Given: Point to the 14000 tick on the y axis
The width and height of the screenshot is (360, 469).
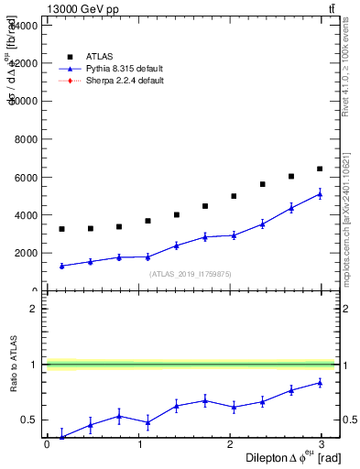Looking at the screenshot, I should (x=22, y=26).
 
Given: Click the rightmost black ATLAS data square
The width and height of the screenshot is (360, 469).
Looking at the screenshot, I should (x=320, y=169).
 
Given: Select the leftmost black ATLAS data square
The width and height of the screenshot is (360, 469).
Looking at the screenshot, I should (x=61, y=229).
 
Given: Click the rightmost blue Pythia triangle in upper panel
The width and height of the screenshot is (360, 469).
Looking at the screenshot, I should (x=320, y=194).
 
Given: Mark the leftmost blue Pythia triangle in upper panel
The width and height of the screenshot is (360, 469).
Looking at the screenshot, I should (x=61, y=266).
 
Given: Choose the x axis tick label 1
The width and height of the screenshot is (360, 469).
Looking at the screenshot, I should (x=140, y=444).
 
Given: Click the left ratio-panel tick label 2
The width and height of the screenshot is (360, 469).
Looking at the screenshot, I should (x=34, y=309).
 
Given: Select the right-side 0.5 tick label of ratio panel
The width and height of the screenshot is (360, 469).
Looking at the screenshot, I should (x=351, y=420).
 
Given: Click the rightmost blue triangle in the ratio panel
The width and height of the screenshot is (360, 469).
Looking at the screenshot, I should (x=320, y=383).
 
